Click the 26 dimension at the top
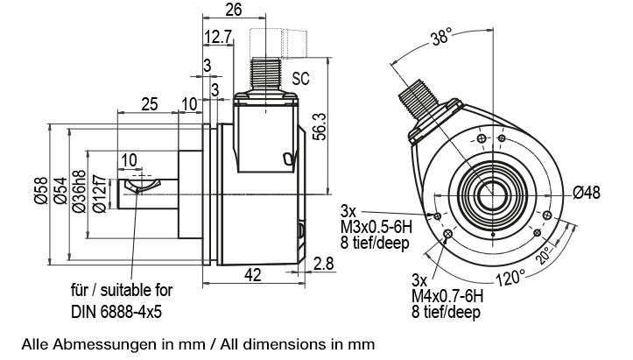(233, 11)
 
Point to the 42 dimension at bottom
(252, 275)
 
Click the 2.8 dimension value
(323, 263)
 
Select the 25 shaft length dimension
(149, 104)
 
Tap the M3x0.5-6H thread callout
(376, 228)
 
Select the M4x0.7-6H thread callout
(447, 296)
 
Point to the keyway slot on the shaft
(140, 186)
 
